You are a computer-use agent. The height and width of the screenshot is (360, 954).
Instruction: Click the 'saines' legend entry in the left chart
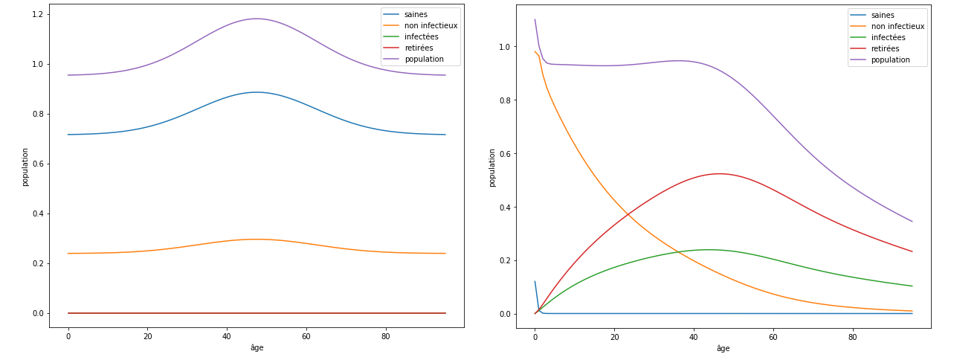tap(415, 14)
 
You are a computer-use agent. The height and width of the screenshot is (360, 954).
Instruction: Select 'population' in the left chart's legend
tap(425, 59)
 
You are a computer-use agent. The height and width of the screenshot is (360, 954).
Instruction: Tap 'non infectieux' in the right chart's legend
tap(897, 26)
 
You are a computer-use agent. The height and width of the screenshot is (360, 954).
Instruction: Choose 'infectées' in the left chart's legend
tap(422, 36)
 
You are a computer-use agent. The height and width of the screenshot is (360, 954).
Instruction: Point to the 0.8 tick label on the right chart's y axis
tap(504, 100)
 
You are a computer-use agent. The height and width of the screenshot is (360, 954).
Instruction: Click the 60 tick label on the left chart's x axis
tap(306, 336)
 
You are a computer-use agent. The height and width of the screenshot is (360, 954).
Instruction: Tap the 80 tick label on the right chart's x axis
tap(852, 336)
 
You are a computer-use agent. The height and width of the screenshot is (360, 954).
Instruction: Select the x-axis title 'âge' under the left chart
tap(257, 347)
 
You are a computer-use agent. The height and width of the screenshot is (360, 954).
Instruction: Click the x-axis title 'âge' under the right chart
tap(723, 348)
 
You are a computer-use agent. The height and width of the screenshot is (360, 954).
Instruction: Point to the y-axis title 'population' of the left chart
tap(25, 167)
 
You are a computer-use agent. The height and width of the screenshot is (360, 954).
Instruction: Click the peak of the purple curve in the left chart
tap(257, 19)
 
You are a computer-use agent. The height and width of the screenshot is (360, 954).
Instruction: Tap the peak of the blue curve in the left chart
tap(257, 92)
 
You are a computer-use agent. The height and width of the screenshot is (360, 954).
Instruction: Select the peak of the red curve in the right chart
tap(719, 173)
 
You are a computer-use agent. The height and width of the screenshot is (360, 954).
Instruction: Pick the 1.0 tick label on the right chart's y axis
tap(504, 47)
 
